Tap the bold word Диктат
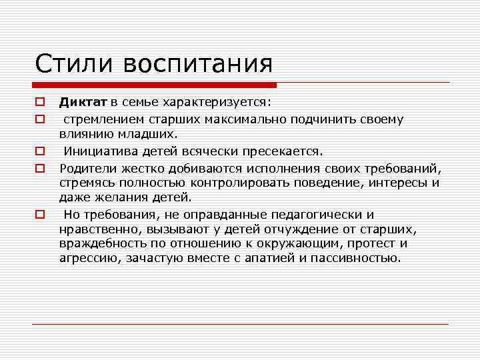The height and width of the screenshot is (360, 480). pyautogui.click(x=83, y=102)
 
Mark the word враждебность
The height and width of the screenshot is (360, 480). pyautogui.click(x=101, y=244)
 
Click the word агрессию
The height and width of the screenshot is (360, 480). pyautogui.click(x=87, y=259)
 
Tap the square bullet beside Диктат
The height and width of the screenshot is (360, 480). pyautogui.click(x=40, y=103)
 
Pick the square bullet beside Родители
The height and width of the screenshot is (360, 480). pyautogui.click(x=40, y=167)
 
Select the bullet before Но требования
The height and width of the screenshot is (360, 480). pyautogui.click(x=40, y=215)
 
